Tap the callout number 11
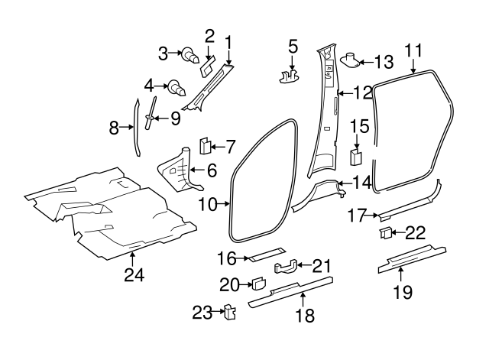pyautogui.click(x=413, y=50)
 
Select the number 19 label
pyautogui.click(x=402, y=290)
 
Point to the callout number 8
pyautogui.click(x=114, y=128)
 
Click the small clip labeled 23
pyautogui.click(x=227, y=313)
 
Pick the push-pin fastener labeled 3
pyautogui.click(x=187, y=55)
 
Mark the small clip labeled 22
pyautogui.click(x=385, y=233)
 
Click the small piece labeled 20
pyautogui.click(x=257, y=284)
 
